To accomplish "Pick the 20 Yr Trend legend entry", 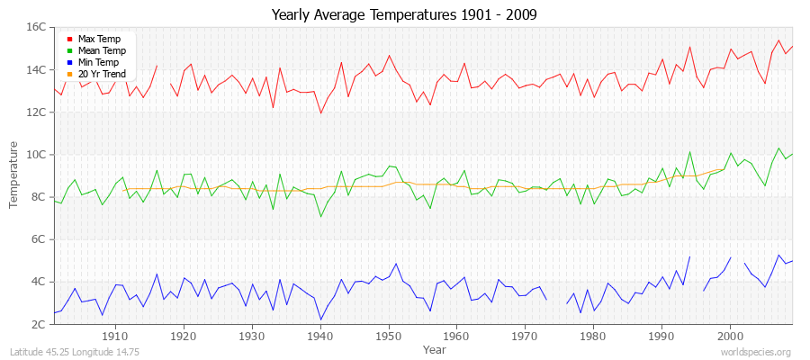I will pos(102,74).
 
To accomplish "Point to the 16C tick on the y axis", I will pos(36,27).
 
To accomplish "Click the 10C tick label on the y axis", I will pos(36,155).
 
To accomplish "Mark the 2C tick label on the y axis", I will pos(39,324).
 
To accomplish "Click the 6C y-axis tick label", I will pos(39,239).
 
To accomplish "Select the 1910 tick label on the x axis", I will pos(115,336).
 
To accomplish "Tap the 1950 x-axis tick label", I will pos(388,336).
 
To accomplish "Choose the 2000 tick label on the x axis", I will pos(730,336).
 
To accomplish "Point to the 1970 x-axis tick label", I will pos(525,336).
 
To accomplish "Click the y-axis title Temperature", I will pos(13,175).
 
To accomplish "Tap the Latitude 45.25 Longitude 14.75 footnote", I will pos(68,352).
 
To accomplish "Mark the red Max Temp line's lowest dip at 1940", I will pos(320,112).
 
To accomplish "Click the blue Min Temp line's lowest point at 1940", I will pos(320,319).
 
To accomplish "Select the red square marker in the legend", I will pos(69,40).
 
